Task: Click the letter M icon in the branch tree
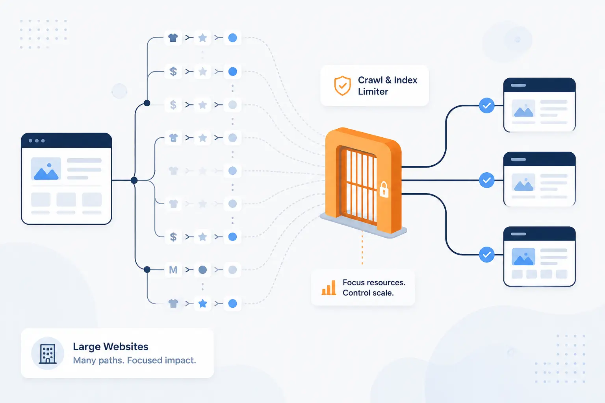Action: coord(173,270)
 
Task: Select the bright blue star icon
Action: coord(202,303)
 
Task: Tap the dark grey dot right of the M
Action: coord(202,270)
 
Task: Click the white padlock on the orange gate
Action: coord(384,189)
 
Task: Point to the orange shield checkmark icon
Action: coord(342,85)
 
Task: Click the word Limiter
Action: coord(373,92)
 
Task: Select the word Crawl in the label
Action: coord(370,80)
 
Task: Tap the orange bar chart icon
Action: coord(329,287)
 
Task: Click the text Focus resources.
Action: coord(374,282)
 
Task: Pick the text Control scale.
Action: coord(368,293)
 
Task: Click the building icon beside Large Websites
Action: coord(48,353)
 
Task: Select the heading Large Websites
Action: coord(110,347)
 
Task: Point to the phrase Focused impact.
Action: coord(161,360)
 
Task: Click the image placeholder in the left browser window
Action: coord(46,169)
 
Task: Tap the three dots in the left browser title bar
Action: coord(37,140)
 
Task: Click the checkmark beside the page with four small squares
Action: coord(487,254)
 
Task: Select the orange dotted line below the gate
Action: coord(362,248)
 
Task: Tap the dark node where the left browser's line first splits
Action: coord(134,180)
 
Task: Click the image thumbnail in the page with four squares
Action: coord(523,257)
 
